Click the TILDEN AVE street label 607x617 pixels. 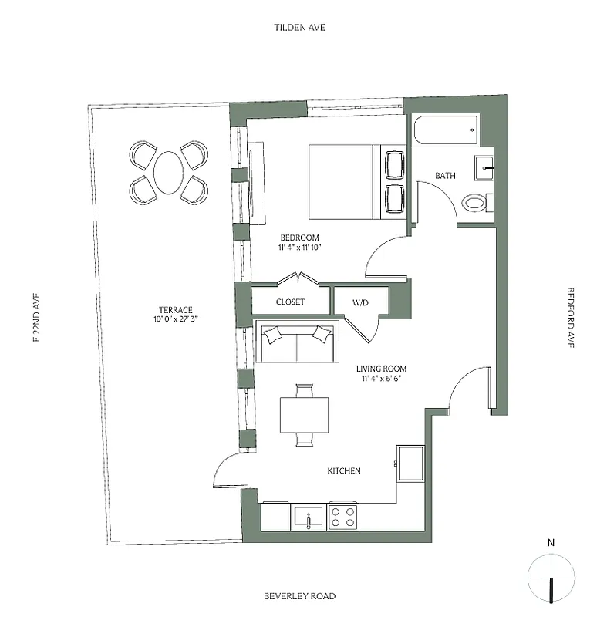[299, 28]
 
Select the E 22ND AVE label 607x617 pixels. [35, 317]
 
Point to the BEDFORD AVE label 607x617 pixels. [571, 318]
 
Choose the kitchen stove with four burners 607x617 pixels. [343, 515]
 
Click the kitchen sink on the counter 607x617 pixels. [309, 516]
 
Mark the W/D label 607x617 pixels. [361, 302]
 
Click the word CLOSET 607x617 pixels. [290, 302]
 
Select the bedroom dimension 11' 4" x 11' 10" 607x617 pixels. [299, 248]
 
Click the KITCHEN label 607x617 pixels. [343, 470]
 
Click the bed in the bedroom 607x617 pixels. [344, 181]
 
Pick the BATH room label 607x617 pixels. [445, 176]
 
